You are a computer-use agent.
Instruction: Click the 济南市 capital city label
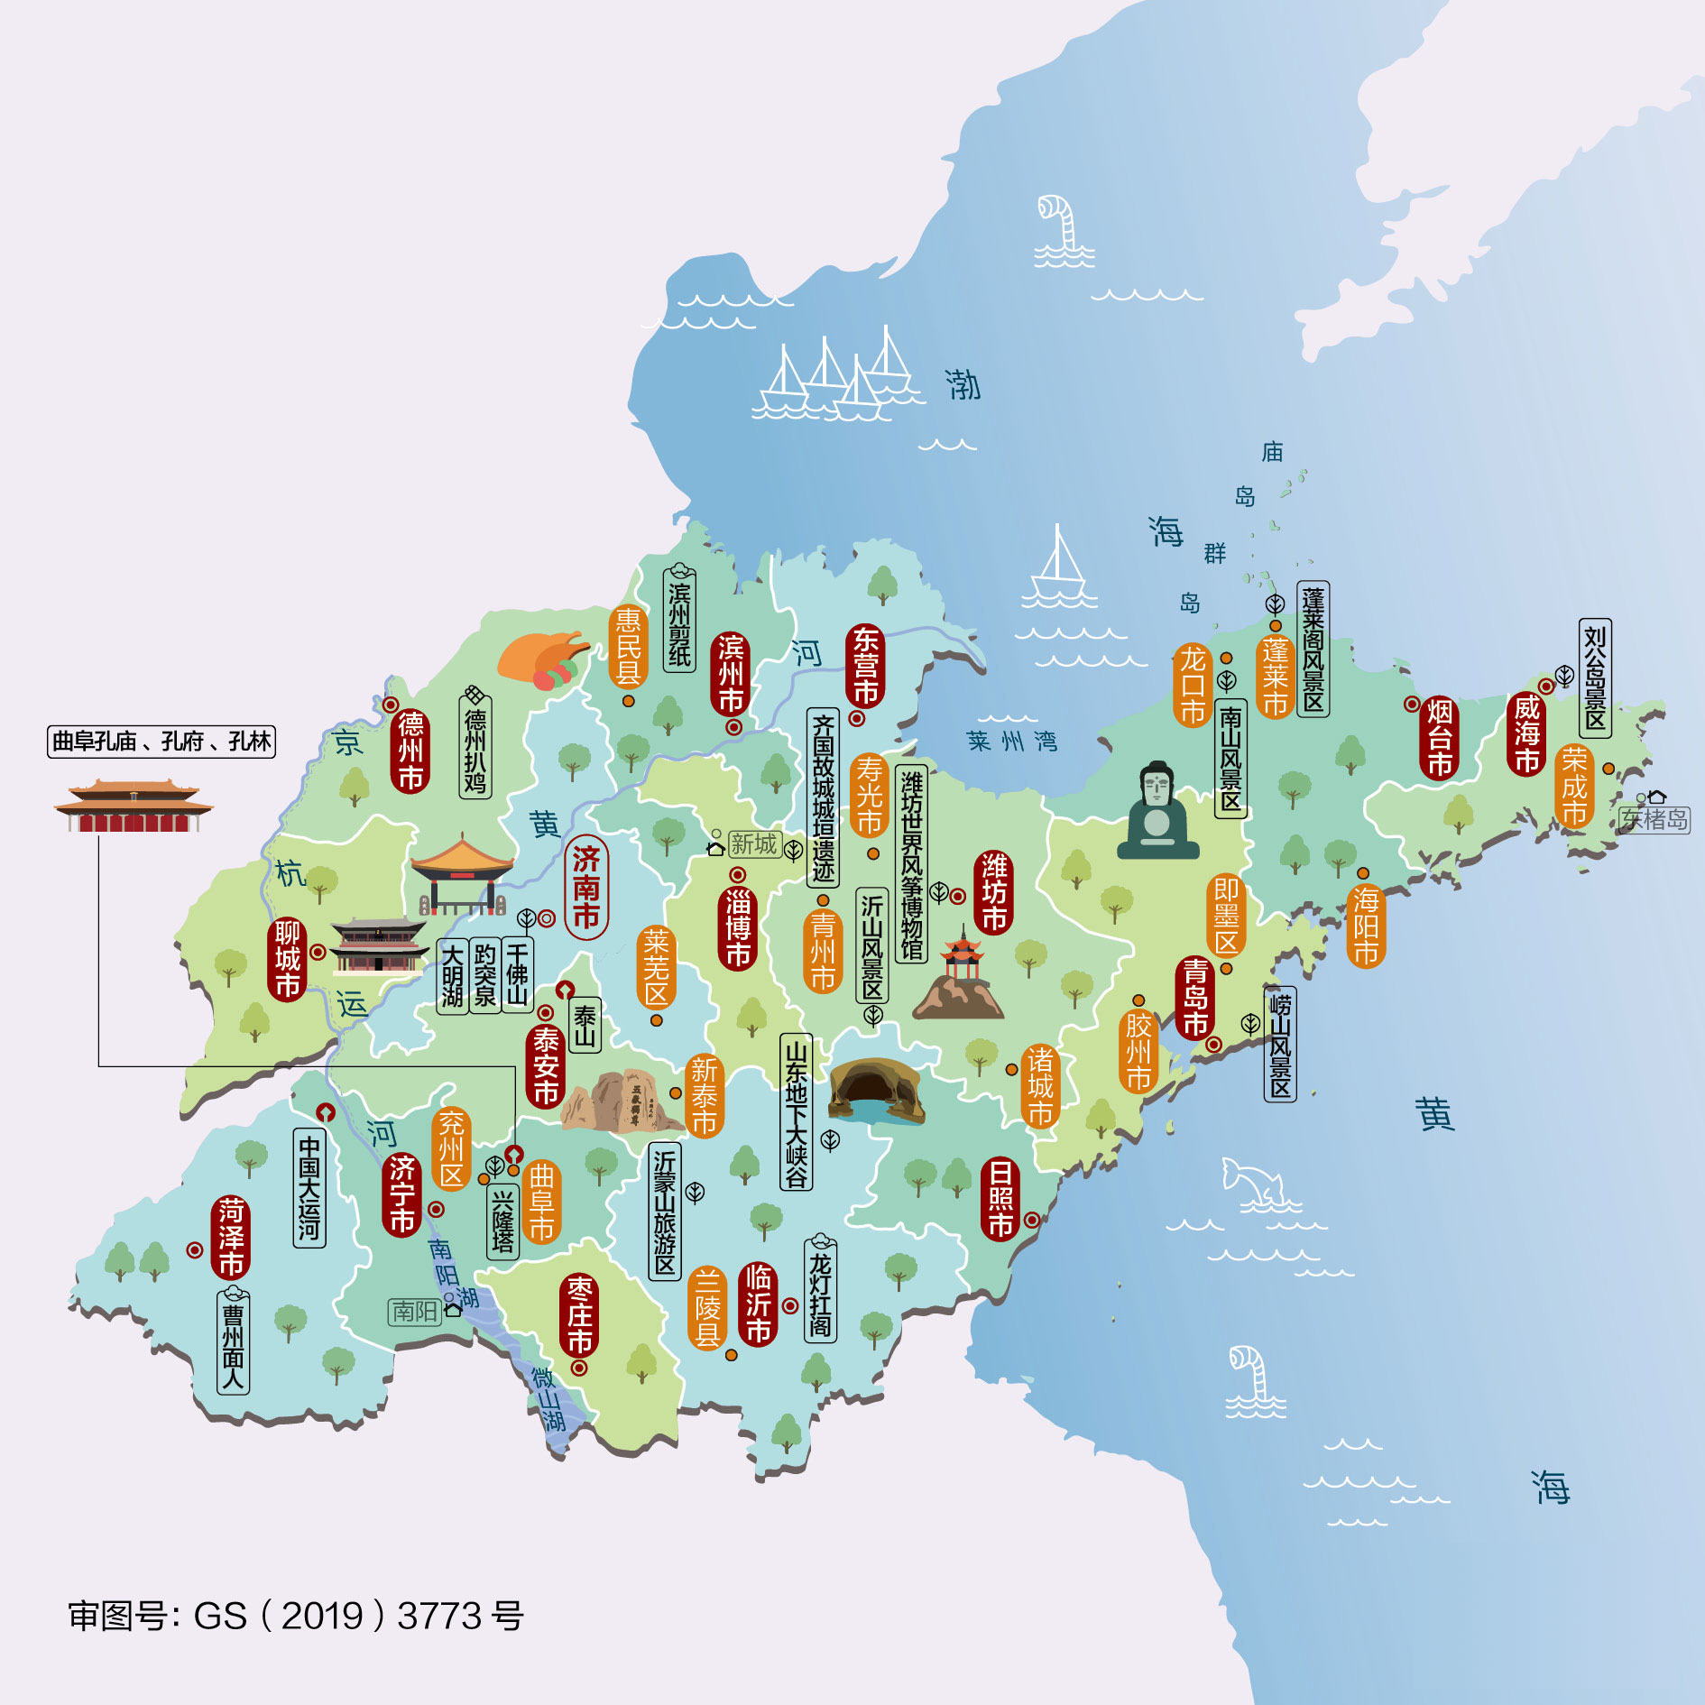coord(586,887)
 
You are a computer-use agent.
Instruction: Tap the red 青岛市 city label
coord(1194,998)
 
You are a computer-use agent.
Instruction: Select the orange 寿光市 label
coord(869,795)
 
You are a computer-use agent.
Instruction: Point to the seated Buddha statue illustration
coord(1157,812)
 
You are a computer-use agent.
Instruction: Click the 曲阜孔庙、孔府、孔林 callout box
coord(161,742)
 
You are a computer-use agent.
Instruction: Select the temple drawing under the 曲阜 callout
coord(134,806)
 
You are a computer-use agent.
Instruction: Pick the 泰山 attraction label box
coord(585,1026)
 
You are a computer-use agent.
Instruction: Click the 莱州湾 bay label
coord(1011,742)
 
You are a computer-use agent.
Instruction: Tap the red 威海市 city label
coord(1526,733)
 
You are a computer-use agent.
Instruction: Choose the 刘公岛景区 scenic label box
coord(1595,677)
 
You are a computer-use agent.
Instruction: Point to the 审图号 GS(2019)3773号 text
coord(296,1616)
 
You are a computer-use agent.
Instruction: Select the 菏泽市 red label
coord(231,1237)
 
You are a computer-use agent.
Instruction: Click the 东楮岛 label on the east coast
coord(1654,819)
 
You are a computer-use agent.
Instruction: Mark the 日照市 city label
coord(1000,1199)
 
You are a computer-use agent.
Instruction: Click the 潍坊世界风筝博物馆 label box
coord(911,864)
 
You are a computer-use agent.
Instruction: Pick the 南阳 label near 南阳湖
coord(415,1311)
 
